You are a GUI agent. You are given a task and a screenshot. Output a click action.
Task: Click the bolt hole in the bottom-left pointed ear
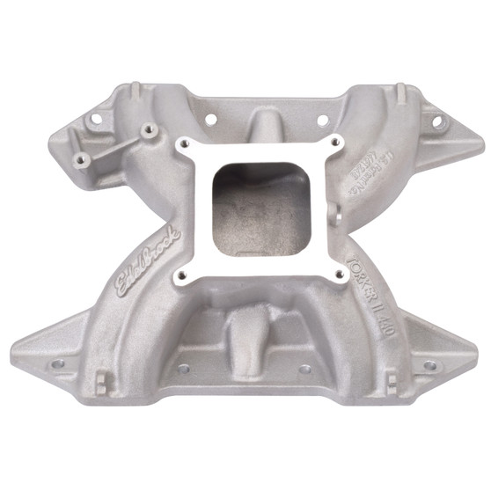[58, 362]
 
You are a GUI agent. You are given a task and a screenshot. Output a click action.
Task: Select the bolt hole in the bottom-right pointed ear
[429, 364]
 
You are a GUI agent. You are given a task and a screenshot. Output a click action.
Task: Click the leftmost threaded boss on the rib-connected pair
[82, 158]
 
